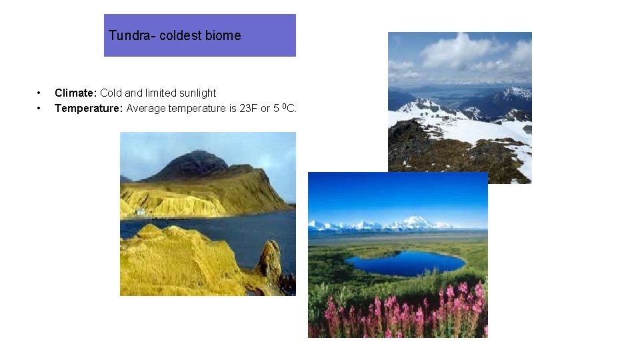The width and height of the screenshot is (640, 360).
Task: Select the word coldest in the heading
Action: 180,36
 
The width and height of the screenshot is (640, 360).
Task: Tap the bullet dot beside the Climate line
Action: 40,93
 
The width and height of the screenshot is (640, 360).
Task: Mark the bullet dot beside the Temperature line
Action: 40,108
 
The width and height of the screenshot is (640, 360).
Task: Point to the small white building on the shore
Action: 140,212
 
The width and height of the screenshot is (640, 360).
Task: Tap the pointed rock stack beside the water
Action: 271,259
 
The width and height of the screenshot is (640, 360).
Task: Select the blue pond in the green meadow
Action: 405,263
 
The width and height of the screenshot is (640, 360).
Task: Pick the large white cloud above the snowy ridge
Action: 460,51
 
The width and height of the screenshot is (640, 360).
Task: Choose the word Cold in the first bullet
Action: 111,93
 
